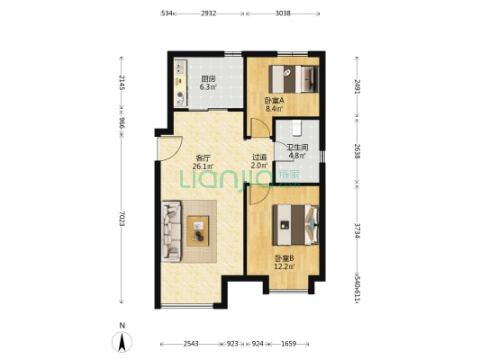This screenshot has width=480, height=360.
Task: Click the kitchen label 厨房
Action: [x=208, y=79]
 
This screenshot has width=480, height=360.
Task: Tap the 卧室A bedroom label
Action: [x=275, y=100]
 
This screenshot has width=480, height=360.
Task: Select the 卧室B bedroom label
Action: [x=284, y=258]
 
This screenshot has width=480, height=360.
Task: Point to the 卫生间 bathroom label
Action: [x=297, y=148]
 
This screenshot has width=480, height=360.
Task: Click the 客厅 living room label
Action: [x=203, y=158]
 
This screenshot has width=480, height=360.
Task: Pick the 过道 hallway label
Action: [x=259, y=157]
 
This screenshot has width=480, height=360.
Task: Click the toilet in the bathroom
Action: [x=297, y=128]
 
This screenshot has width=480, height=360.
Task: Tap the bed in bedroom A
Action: [x=294, y=79]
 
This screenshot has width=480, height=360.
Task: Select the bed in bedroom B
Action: [x=295, y=225]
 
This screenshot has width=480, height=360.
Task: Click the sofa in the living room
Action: [x=171, y=231]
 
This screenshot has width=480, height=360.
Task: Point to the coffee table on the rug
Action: [x=198, y=231]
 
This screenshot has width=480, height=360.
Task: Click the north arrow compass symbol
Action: [x=122, y=341]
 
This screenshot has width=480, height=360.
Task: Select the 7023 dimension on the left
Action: [x=122, y=219]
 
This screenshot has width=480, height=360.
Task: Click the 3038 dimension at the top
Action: [x=283, y=13]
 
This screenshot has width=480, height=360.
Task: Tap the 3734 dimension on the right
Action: [x=358, y=230]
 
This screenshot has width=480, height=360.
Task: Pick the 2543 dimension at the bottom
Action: [x=191, y=344]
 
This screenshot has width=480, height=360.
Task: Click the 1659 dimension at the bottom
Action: [x=289, y=344]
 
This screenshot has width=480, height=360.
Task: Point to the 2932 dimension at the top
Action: [x=209, y=13]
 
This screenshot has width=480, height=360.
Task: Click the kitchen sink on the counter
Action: [x=180, y=67]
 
